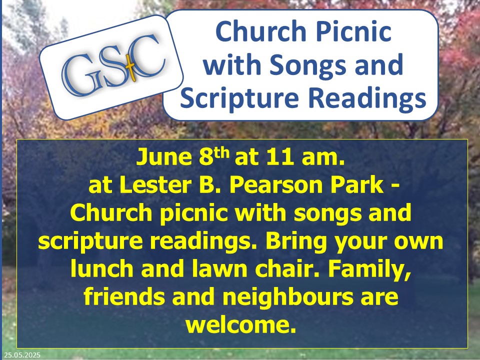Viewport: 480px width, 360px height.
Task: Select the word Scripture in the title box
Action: (239, 98)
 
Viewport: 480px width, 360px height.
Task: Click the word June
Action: (164, 156)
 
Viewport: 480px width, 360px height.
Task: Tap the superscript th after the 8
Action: (221, 152)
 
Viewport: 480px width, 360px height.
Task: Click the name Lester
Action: (156, 185)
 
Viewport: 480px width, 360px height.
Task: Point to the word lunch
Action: (102, 268)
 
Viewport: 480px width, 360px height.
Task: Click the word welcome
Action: (241, 324)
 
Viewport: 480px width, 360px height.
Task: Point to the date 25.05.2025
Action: (22, 355)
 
